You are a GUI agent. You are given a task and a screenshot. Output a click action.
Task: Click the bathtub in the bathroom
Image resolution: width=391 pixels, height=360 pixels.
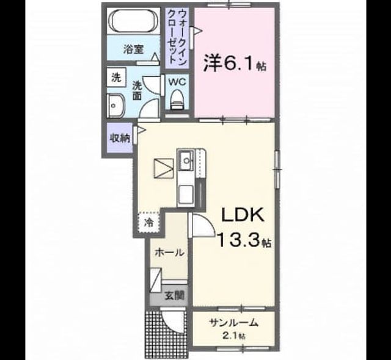[x=134, y=21]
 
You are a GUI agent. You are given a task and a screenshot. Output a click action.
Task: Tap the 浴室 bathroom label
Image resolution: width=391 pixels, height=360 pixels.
[x=133, y=49]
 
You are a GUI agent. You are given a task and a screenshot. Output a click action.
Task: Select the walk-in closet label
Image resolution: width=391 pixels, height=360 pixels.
[x=177, y=37]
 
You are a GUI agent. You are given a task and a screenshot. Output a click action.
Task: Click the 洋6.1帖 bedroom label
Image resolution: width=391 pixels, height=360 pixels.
[x=235, y=64]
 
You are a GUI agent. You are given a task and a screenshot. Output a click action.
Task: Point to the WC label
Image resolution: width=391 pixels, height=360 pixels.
[x=177, y=82]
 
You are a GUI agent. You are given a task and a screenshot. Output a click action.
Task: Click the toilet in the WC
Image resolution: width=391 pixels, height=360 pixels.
[x=177, y=99]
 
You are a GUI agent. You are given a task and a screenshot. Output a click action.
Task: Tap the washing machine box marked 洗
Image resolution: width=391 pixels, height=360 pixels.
[x=116, y=77]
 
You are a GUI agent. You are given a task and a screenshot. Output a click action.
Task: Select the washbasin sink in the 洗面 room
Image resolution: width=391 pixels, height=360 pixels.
[x=115, y=106]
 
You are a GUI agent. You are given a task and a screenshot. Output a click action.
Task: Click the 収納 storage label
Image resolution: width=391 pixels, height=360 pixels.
[x=120, y=139]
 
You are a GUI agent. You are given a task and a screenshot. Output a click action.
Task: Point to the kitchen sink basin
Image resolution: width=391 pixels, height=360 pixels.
[x=185, y=160]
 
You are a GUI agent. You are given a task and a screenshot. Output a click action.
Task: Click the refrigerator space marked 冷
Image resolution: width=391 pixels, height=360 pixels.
[x=149, y=222]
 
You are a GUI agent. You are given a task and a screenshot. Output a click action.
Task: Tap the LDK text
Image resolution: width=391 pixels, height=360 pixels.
[x=243, y=215]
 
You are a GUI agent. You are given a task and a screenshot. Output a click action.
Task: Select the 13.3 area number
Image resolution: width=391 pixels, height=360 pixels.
[x=239, y=240]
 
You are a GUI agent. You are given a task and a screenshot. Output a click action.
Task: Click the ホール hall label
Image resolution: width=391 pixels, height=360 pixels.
[x=170, y=253]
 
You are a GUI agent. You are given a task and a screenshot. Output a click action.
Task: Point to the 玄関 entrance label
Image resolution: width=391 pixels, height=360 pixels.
[x=174, y=296]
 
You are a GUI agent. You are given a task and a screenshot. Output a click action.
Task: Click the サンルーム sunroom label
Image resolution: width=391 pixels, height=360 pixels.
[x=233, y=323]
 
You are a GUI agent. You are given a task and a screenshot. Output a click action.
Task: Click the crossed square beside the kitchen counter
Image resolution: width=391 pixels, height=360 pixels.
[x=164, y=168]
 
